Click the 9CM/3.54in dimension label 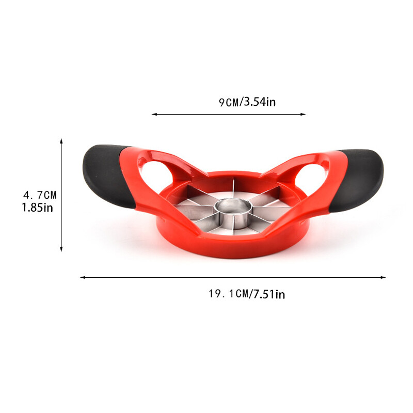tap(247, 102)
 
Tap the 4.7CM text tap(40, 195)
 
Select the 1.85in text tap(37, 208)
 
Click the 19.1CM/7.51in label tap(247, 294)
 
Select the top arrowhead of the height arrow tap(61, 140)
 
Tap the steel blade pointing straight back tap(235, 188)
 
